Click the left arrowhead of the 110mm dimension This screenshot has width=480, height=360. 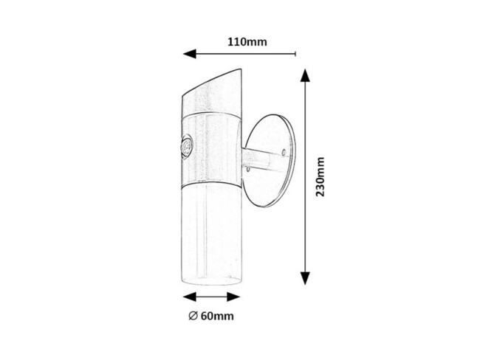pyautogui.click(x=189, y=54)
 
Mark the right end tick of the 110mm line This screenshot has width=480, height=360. pyautogui.click(x=295, y=54)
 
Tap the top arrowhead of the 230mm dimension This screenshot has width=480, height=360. pyautogui.click(x=304, y=76)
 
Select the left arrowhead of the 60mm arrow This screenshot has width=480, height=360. pyautogui.click(x=188, y=297)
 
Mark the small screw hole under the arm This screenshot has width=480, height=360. pyautogui.click(x=253, y=171)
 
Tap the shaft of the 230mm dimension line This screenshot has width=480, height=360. pyautogui.click(x=304, y=221)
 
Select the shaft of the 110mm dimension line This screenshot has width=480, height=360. pyautogui.click(x=244, y=54)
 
